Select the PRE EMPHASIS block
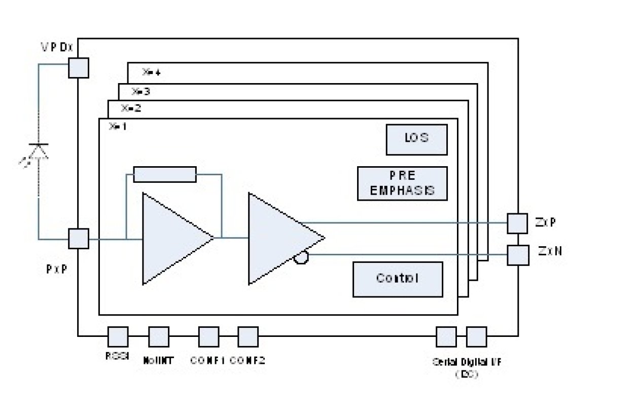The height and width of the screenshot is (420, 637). coord(402,183)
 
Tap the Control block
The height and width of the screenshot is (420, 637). coord(398,279)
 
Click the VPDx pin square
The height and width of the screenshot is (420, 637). coord(78,68)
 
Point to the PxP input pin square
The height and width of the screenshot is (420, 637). coord(78,239)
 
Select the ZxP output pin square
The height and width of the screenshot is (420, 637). coord(518,223)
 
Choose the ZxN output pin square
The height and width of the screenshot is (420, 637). coord(518,255)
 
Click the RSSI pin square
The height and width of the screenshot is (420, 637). coord(118,336)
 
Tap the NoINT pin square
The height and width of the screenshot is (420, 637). coord(158,336)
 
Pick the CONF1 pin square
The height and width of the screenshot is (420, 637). coord(208,336)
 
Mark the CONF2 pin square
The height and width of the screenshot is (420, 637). coord(248,336)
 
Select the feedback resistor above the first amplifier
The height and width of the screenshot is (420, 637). coord(164,174)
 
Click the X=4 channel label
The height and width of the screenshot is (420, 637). coord(151,72)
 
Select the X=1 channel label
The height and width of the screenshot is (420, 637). coord(118,127)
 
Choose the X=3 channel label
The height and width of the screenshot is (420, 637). coord(140,92)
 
